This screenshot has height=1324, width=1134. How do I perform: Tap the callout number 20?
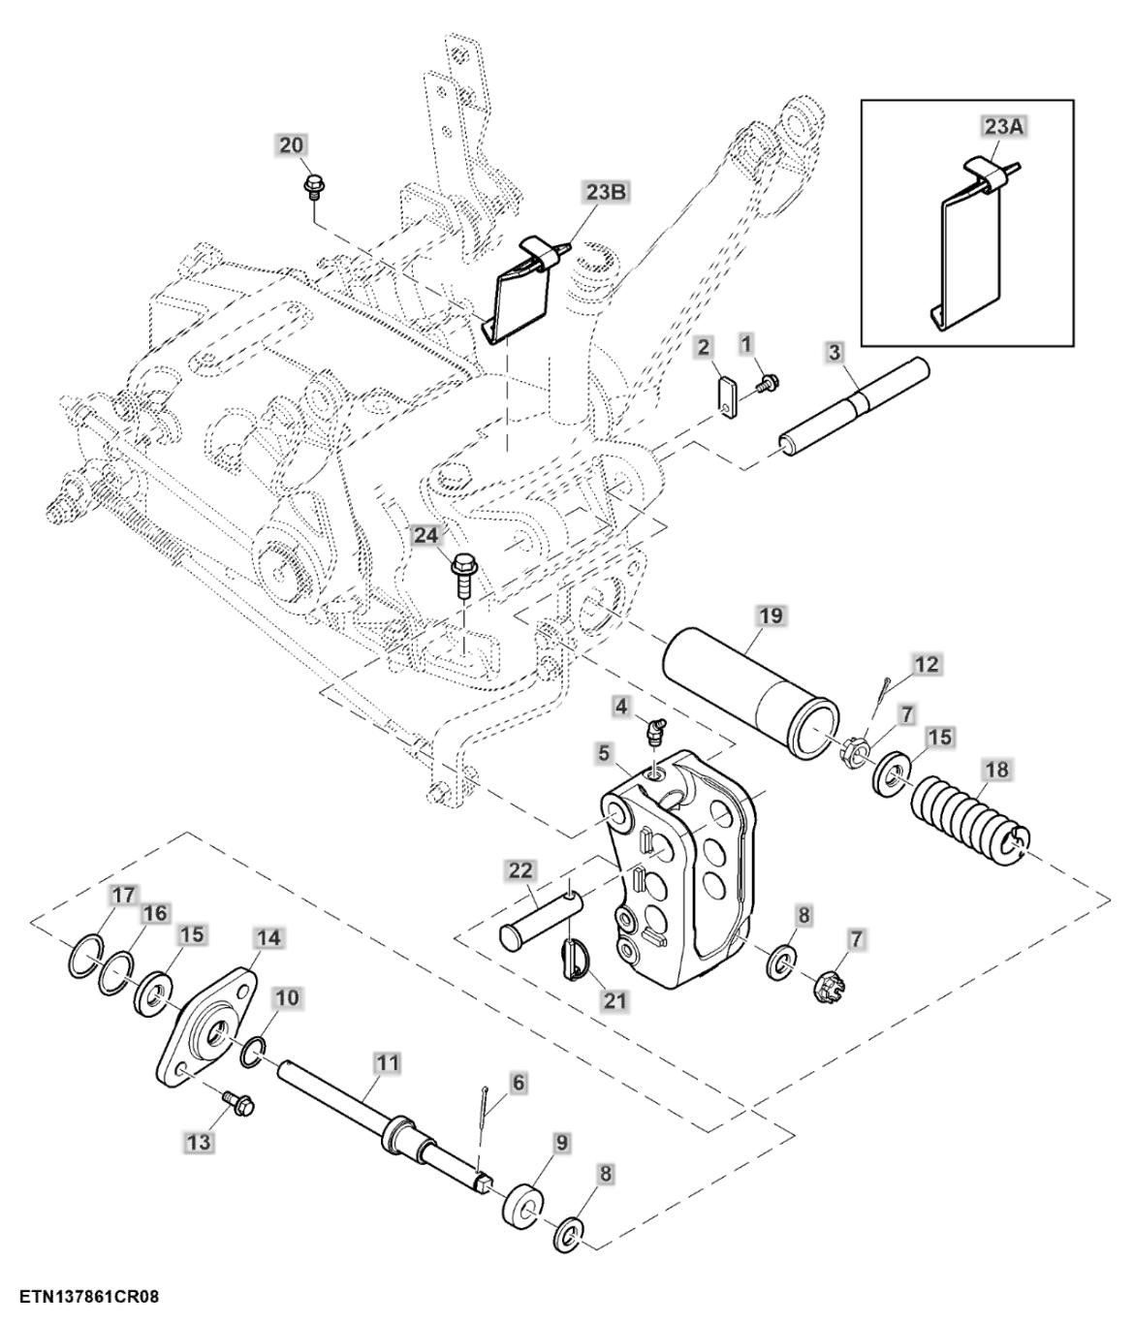click(x=292, y=145)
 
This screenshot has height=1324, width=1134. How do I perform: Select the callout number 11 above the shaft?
click(x=388, y=1063)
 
